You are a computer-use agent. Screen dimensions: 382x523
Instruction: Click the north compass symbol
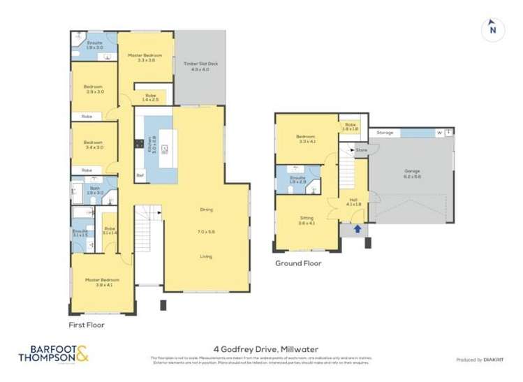pyautogui.click(x=492, y=28)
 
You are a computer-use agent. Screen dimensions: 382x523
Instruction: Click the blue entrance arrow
pyautogui.click(x=358, y=228)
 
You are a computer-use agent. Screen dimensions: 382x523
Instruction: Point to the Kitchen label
pyautogui.click(x=149, y=147)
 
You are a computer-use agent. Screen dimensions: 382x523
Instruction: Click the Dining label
pyautogui.click(x=205, y=210)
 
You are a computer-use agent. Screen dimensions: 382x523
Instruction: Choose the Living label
pyautogui.click(x=205, y=256)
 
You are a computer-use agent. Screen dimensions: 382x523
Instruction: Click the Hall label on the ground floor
pyautogui.click(x=353, y=201)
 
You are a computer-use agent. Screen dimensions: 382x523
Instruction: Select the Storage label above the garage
pyautogui.click(x=385, y=132)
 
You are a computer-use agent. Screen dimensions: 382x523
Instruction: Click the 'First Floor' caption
pyautogui.click(x=86, y=325)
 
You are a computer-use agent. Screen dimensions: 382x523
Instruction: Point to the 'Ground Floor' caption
pyautogui.click(x=298, y=263)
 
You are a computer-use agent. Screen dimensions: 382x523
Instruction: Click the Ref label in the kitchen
pyautogui.click(x=140, y=175)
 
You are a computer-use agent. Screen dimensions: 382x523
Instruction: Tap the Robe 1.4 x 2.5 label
pyautogui.click(x=150, y=98)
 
